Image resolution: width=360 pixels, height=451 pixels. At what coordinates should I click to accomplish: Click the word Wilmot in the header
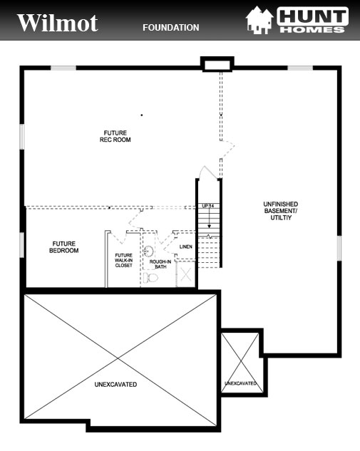click(x=57, y=23)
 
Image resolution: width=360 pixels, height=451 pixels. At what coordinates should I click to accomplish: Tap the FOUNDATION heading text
click(x=170, y=28)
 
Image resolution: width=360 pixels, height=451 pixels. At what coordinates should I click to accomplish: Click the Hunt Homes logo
click(x=297, y=20)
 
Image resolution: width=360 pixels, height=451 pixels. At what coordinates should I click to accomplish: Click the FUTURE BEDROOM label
click(x=63, y=247)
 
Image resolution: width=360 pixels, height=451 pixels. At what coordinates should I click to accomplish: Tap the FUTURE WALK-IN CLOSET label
click(x=123, y=260)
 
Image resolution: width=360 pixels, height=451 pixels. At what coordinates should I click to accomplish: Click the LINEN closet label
click(x=186, y=247)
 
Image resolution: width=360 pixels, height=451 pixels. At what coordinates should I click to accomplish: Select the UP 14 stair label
click(x=208, y=206)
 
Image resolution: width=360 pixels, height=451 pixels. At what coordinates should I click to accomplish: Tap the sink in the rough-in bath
click(x=149, y=251)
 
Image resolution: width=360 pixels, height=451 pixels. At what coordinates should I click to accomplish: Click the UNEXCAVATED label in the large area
click(x=115, y=384)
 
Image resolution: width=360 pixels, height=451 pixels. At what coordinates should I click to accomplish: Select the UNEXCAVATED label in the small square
click(x=240, y=383)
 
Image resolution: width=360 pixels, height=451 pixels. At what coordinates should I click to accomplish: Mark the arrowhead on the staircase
click(x=209, y=227)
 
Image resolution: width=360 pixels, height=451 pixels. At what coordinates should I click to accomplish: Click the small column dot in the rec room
click(x=142, y=115)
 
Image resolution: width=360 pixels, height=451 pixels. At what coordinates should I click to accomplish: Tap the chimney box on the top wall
click(x=213, y=65)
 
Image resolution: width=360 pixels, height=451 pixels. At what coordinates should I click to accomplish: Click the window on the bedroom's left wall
click(x=23, y=244)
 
